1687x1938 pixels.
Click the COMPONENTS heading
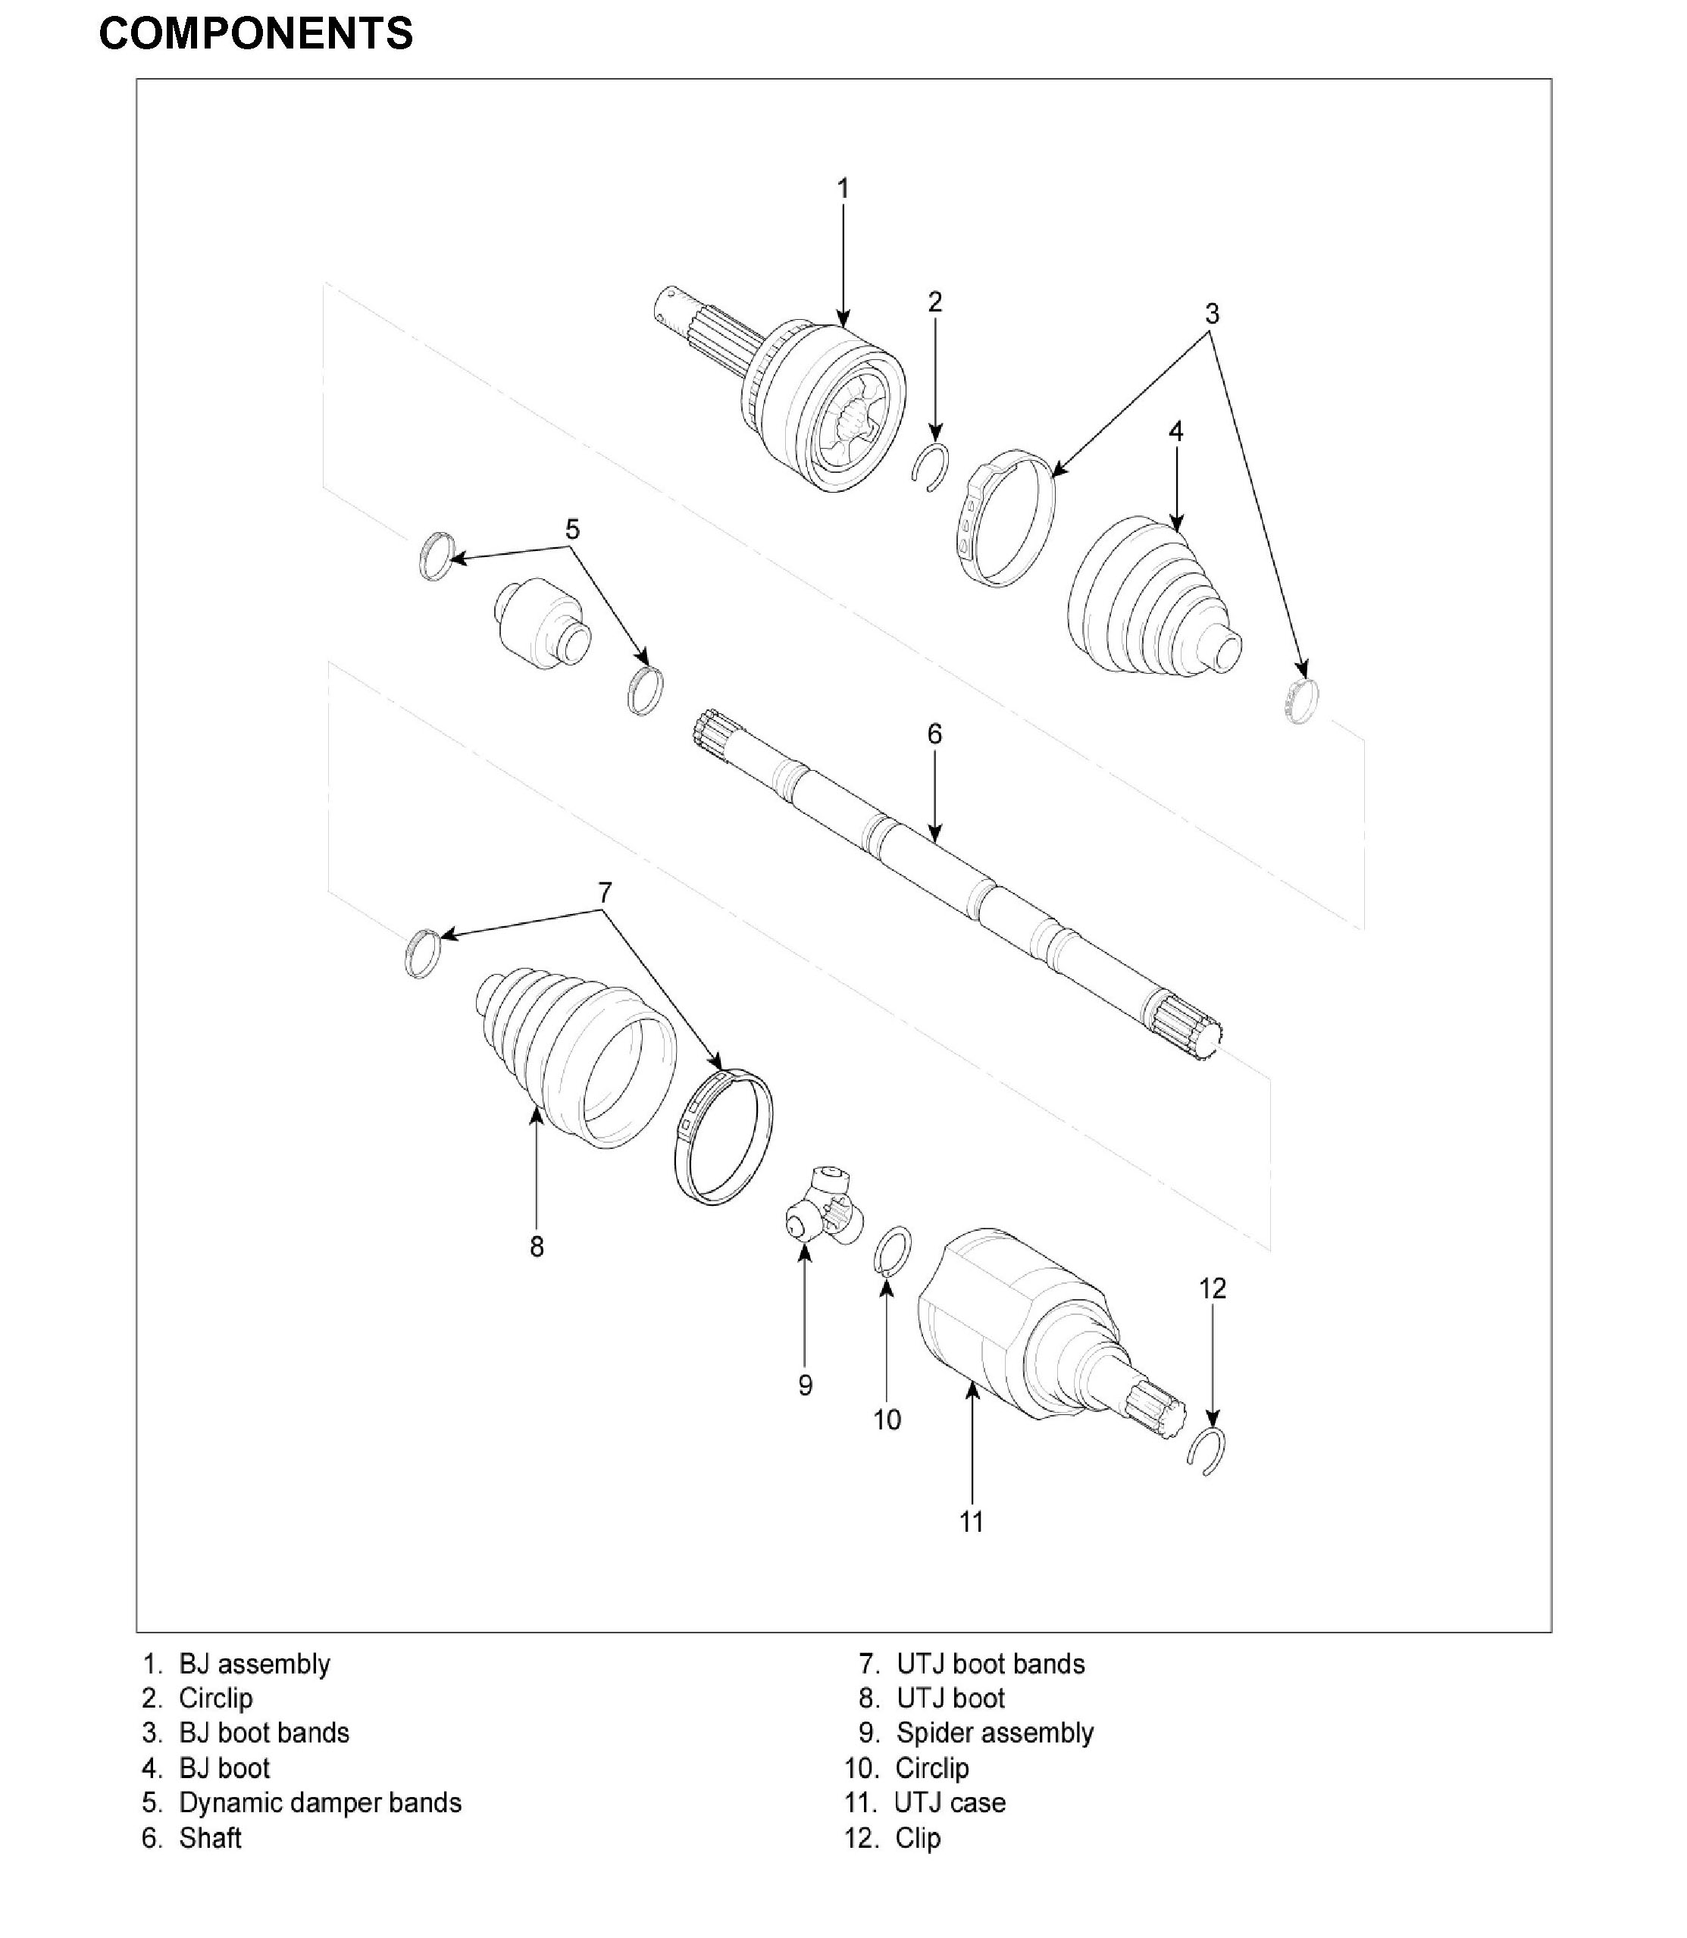click(255, 35)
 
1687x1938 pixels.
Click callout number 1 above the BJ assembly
click(843, 189)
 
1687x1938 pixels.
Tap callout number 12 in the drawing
click(1213, 1288)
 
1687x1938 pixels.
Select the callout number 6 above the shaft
click(934, 734)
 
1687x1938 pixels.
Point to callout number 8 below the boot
click(537, 1247)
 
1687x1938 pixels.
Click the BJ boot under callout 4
click(1148, 599)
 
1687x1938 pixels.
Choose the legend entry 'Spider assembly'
click(994, 1733)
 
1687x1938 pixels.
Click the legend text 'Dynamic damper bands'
click(320, 1802)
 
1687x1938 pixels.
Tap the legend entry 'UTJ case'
click(949, 1802)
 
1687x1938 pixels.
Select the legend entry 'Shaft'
click(210, 1837)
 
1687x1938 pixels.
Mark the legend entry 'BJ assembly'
click(254, 1664)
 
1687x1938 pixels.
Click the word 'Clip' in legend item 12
click(918, 1837)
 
